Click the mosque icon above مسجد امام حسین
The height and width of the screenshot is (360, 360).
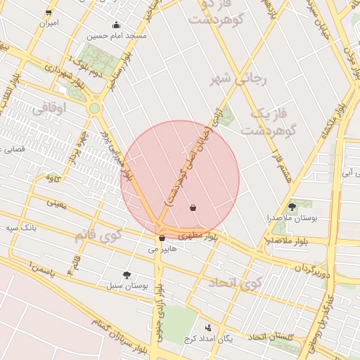tap(116, 25)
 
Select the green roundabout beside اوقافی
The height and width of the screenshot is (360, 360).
tap(94, 108)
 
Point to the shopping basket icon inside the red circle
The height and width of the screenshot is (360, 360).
tap(193, 207)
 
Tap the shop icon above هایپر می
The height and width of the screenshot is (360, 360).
tap(162, 238)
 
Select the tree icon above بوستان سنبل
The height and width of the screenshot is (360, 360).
tap(127, 276)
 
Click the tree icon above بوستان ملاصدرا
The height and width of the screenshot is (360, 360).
tap(292, 206)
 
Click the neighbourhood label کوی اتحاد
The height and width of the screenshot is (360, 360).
tap(234, 283)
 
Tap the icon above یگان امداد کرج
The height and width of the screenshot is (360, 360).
tap(208, 328)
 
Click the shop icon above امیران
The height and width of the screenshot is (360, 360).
tap(48, 12)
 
